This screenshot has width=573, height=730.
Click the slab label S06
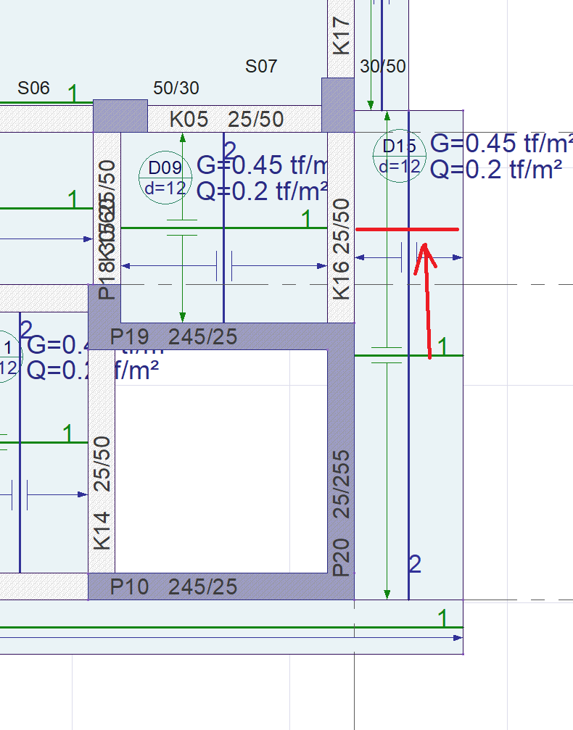click(33, 88)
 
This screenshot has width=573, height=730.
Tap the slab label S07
click(261, 67)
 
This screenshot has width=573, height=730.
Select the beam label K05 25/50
click(226, 119)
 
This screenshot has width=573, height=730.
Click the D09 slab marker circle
click(165, 178)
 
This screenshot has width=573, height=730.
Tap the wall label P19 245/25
click(173, 336)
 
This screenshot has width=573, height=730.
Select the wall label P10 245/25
click(173, 586)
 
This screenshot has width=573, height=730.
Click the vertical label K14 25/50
click(102, 492)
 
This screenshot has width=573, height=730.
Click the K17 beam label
click(341, 35)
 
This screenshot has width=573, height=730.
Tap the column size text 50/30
click(176, 88)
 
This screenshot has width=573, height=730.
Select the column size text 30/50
click(383, 67)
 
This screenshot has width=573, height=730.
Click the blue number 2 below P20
click(415, 563)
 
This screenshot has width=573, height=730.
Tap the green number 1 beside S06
click(73, 93)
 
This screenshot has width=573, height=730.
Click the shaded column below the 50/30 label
click(120, 116)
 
